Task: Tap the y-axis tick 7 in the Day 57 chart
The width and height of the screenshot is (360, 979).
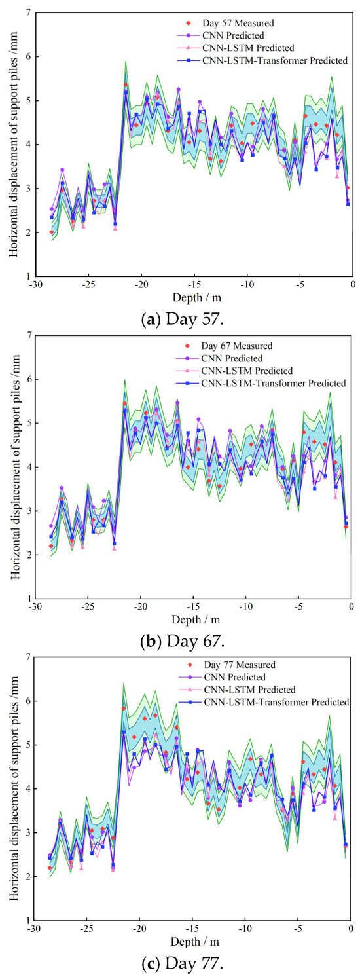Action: coord(28,12)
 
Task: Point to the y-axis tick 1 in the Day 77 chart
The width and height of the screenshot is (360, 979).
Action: coord(28,920)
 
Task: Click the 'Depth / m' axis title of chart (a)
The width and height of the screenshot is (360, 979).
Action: coord(196,298)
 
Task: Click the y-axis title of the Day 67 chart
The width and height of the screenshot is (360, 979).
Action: coord(15,467)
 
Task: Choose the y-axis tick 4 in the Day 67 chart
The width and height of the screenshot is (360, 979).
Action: coord(28,467)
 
